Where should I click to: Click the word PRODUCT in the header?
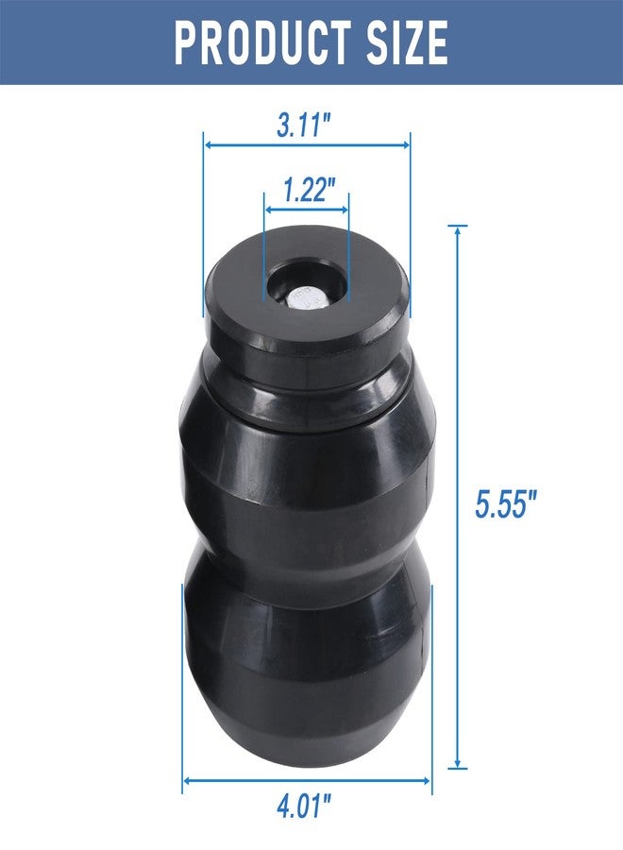pos(262,42)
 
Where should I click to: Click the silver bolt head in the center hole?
pos(306,298)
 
